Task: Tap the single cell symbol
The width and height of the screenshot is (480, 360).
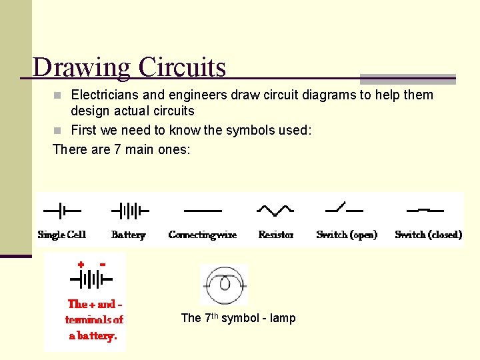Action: (x=61, y=211)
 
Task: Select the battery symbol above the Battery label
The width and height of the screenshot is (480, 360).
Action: (x=129, y=211)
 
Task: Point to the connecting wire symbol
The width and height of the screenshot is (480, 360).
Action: (x=203, y=211)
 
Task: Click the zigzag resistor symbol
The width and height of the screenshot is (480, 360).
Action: (x=275, y=210)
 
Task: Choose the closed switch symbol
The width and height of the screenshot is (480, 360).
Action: (x=425, y=210)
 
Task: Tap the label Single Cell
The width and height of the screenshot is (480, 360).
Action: (x=62, y=235)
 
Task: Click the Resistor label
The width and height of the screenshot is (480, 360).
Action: (x=276, y=235)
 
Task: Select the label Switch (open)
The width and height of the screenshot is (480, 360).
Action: (x=347, y=235)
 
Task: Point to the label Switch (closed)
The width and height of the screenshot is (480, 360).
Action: (x=428, y=235)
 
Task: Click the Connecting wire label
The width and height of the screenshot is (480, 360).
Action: (x=203, y=235)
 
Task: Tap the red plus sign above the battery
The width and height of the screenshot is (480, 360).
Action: (x=81, y=265)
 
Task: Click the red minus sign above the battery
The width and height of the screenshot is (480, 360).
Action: (x=102, y=264)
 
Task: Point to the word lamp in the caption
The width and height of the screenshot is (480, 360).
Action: (x=283, y=318)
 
